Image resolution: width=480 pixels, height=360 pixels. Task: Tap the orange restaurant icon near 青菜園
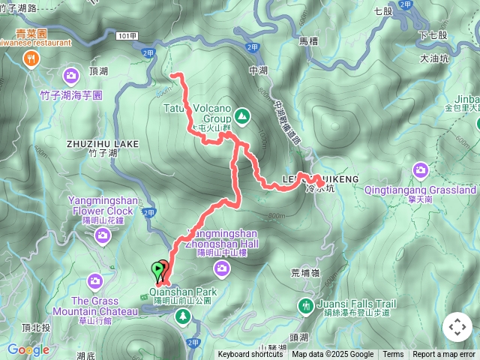click(x=31, y=61)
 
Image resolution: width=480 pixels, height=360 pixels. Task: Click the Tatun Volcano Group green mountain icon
click(x=241, y=116)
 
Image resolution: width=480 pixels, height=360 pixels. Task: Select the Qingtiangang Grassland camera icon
click(x=420, y=171)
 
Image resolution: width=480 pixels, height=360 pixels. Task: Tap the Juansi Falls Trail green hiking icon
click(x=305, y=305)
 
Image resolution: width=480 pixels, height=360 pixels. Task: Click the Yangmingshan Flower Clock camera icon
click(x=102, y=236)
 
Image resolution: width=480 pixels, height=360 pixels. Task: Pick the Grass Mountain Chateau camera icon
click(x=94, y=281)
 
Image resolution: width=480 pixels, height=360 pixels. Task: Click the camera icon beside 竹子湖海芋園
click(x=71, y=76)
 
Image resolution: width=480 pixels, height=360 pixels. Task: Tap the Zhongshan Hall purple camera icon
click(x=222, y=268)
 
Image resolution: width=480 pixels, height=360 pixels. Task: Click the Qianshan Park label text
click(x=182, y=291)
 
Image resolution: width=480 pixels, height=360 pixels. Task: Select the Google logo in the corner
click(x=28, y=349)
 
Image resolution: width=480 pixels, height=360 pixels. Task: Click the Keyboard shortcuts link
click(x=250, y=355)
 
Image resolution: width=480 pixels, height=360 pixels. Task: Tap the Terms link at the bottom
click(x=393, y=355)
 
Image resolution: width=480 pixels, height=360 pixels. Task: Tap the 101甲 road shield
click(x=127, y=35)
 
